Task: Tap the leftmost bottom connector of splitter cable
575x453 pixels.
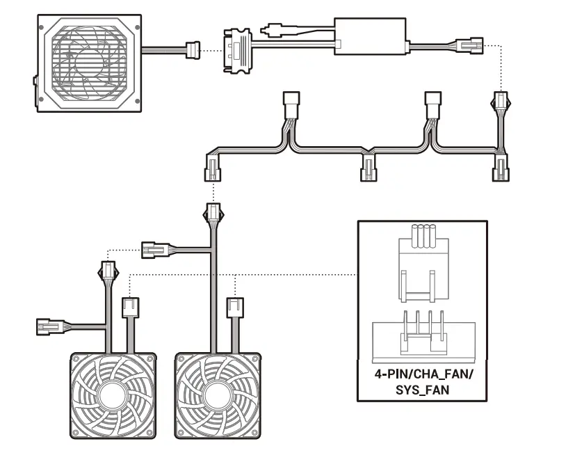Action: pos(212,169)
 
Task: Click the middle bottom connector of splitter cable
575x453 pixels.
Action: pos(368,169)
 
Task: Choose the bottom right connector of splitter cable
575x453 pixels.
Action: pos(500,169)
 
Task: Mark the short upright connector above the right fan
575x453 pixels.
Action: pos(236,307)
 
